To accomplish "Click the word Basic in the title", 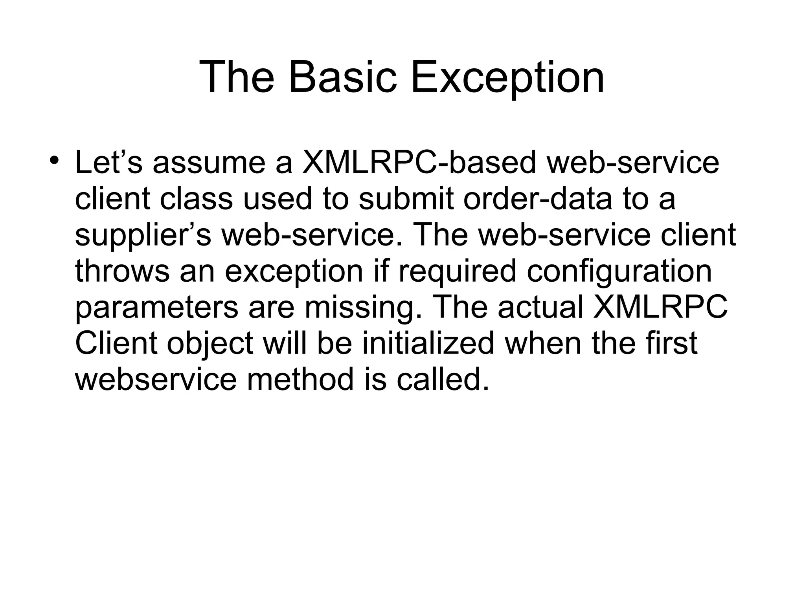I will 342,77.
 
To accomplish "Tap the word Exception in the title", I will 507,77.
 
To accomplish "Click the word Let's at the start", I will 108,163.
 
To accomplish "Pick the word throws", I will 122,271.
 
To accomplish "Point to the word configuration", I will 619,271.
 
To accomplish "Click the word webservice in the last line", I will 156,379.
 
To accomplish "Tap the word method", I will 300,379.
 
